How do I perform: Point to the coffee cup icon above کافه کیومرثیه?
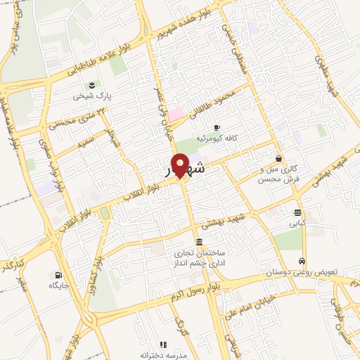click(x=216, y=127)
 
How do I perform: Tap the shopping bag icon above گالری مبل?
click(x=280, y=158)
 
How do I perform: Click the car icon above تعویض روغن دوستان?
click(x=303, y=260)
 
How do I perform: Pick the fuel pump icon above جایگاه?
click(x=57, y=274)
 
